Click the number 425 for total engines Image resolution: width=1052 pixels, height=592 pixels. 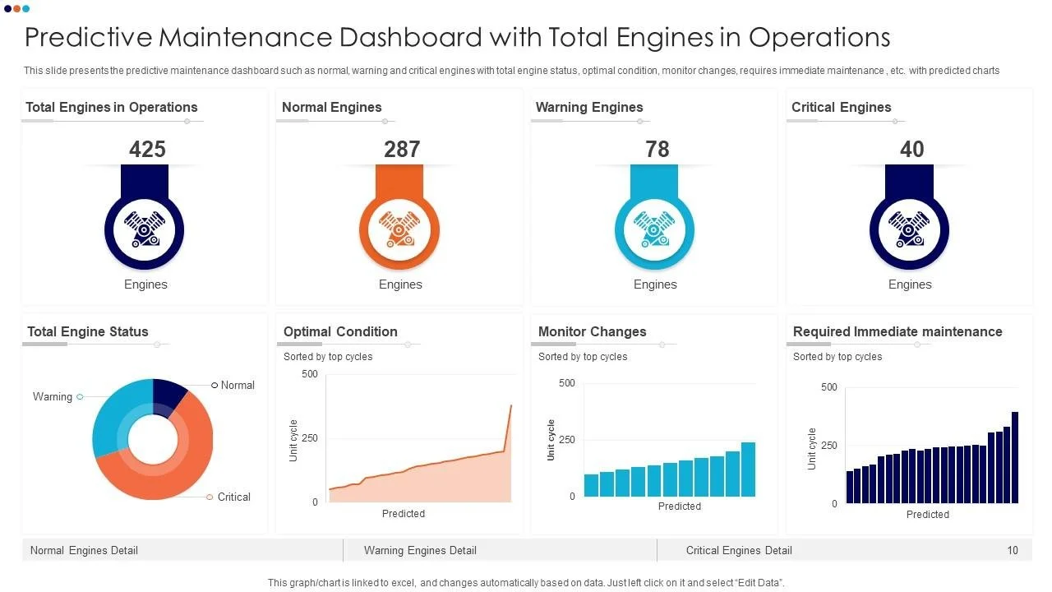pos(147,149)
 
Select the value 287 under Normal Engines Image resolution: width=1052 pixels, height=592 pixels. pos(402,149)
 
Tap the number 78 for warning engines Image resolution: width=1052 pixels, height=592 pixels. pos(657,149)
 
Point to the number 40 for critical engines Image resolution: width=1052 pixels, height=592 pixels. pos(911,149)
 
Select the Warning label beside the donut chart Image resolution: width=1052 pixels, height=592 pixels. pos(53,397)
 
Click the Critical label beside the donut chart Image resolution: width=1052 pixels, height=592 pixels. pos(233,497)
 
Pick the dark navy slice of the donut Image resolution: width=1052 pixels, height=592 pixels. pos(168,394)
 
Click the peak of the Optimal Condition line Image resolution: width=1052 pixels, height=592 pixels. pos(510,405)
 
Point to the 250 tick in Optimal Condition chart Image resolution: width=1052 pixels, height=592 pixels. pos(309,438)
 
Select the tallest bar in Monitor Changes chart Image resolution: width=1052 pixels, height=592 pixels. pos(748,469)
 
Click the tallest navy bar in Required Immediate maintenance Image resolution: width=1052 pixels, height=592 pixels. pos(1015,457)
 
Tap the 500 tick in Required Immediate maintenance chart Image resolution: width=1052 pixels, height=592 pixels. pos(828,387)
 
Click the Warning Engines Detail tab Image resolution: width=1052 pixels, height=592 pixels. pos(420,550)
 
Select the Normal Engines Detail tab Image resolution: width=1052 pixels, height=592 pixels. pos(84,550)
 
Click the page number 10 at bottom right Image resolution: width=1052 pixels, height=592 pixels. pos(1013,550)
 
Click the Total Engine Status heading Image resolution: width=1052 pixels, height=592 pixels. pos(88,332)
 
